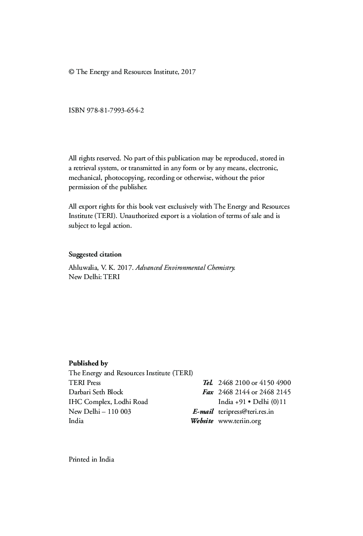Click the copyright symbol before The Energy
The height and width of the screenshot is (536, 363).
coord(71,72)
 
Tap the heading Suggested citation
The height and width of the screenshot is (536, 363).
coord(95,254)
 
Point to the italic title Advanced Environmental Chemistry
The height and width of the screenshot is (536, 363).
coord(185,268)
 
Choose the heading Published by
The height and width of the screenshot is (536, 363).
coord(88,363)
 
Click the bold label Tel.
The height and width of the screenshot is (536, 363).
coord(208,383)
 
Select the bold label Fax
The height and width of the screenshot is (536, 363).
coord(208,392)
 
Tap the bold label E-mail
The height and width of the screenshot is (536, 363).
coord(203,412)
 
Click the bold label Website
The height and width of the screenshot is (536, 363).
coord(202,421)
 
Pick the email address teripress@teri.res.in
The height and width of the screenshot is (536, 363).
coord(246,412)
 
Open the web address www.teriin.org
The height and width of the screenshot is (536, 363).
coord(239,421)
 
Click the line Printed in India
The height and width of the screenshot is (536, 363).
coord(91,459)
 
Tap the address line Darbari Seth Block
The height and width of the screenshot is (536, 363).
coord(96,392)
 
